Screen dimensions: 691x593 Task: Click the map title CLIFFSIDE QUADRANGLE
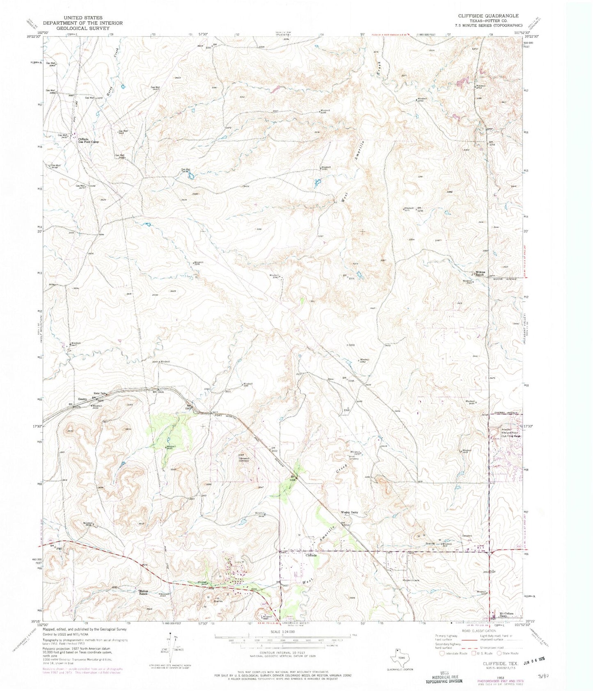[x=483, y=16]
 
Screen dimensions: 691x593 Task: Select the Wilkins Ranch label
[x=481, y=273]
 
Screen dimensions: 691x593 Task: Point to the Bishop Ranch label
[x=143, y=592]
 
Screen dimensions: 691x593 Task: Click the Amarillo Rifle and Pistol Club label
[x=507, y=433]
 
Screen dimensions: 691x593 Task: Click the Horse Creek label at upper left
[x=115, y=51]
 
